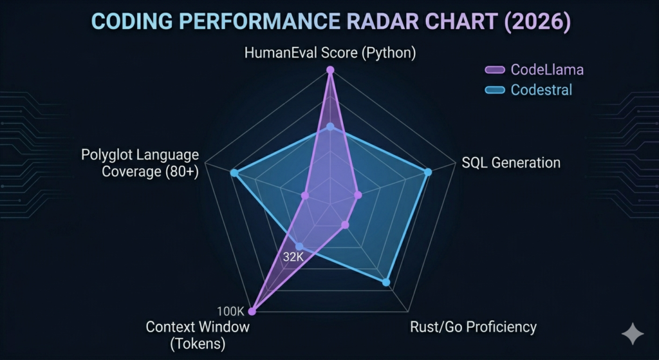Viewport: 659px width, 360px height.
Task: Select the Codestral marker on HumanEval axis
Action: [330, 127]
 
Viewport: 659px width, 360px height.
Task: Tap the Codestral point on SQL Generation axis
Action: [429, 171]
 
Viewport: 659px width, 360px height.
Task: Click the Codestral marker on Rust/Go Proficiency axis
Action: [386, 281]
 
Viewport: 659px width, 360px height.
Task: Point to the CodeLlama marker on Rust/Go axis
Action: [345, 225]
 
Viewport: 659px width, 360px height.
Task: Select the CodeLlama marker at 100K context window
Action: [252, 311]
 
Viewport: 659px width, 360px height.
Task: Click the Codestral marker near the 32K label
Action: [299, 245]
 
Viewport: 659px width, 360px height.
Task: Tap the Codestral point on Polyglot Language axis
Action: [234, 173]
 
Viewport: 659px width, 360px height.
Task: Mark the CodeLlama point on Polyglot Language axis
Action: [305, 195]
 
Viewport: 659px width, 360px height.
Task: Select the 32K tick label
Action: [293, 257]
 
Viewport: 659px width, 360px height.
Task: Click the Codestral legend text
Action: [541, 90]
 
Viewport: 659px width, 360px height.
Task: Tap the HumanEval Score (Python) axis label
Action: [330, 53]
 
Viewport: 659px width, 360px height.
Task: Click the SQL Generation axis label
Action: [511, 162]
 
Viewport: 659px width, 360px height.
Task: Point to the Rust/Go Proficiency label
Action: [473, 327]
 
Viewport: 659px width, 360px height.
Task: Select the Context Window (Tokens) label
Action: [198, 335]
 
